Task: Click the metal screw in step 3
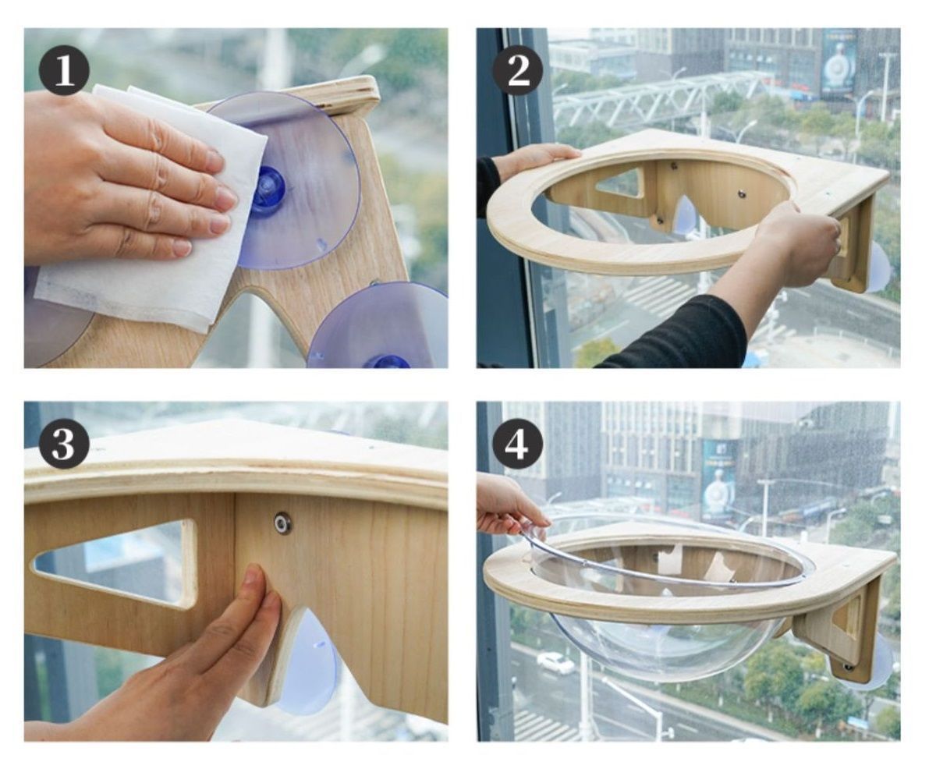point(282,523)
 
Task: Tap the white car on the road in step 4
point(555,663)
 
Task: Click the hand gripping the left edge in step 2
point(534,160)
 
